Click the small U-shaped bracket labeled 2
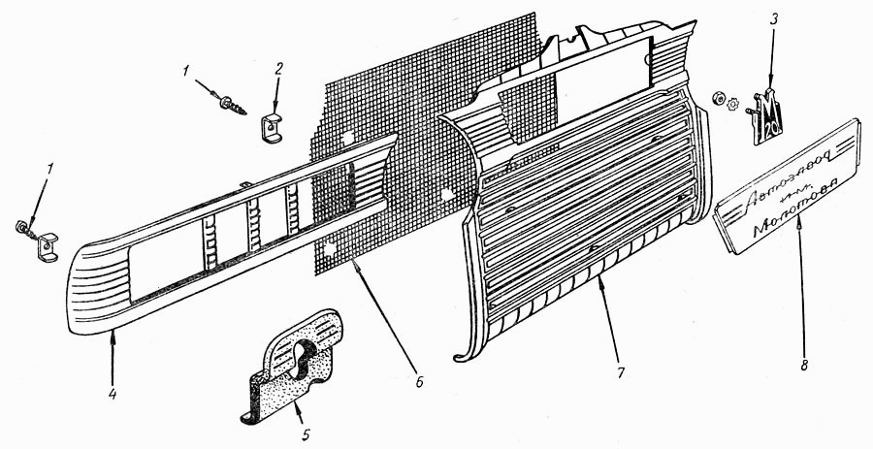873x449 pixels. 274,127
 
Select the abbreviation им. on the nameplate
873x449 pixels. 774,211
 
